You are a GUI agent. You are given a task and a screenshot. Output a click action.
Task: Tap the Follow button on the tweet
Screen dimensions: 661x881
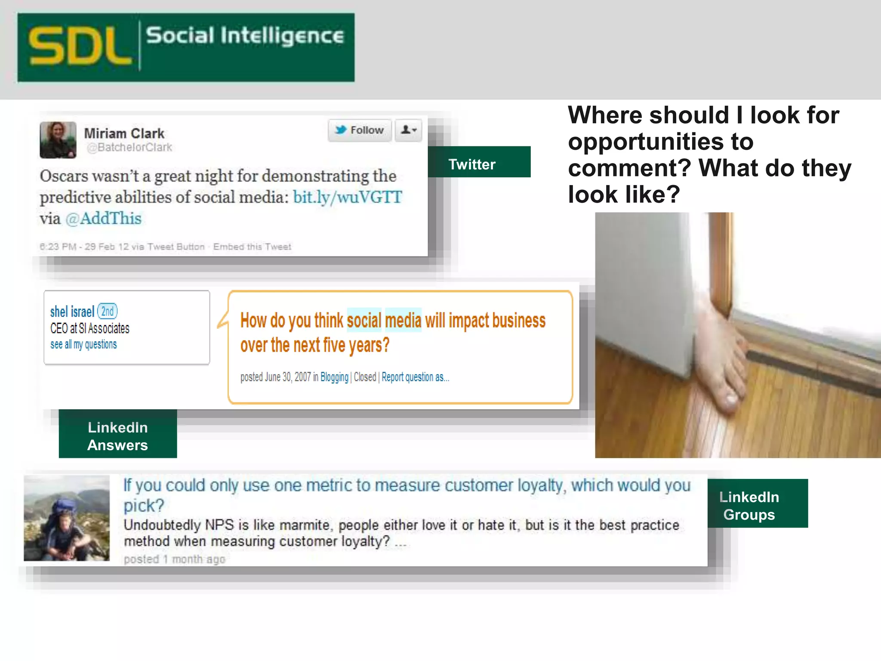click(360, 130)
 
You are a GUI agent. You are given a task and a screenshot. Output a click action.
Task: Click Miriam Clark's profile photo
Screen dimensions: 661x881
click(58, 140)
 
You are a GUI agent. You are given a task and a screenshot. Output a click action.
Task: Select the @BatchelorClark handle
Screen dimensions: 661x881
click(129, 148)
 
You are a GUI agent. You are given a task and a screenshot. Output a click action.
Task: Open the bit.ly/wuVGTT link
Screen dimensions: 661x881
click(347, 197)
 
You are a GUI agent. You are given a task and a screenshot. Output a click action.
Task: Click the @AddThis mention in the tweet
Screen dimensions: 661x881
click(103, 219)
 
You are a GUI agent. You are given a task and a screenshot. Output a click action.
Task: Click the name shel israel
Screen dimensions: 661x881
click(72, 312)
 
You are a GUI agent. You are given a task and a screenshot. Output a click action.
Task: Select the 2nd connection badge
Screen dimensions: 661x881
click(108, 311)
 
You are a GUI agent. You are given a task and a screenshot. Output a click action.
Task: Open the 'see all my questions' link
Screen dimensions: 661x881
click(83, 345)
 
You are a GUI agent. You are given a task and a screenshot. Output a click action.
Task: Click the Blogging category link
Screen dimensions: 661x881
click(334, 377)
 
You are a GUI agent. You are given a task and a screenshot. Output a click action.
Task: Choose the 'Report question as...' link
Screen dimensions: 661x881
click(415, 377)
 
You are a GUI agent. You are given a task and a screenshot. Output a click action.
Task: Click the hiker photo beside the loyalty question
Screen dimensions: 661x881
click(67, 518)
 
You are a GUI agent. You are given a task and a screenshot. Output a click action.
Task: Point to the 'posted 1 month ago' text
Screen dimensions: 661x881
click(174, 559)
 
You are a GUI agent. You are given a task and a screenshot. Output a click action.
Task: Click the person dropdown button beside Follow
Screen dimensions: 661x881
click(409, 130)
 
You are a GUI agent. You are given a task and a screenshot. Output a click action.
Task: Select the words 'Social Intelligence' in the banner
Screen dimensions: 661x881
click(245, 36)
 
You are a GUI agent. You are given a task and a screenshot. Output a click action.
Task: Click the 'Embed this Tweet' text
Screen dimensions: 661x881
click(252, 247)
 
